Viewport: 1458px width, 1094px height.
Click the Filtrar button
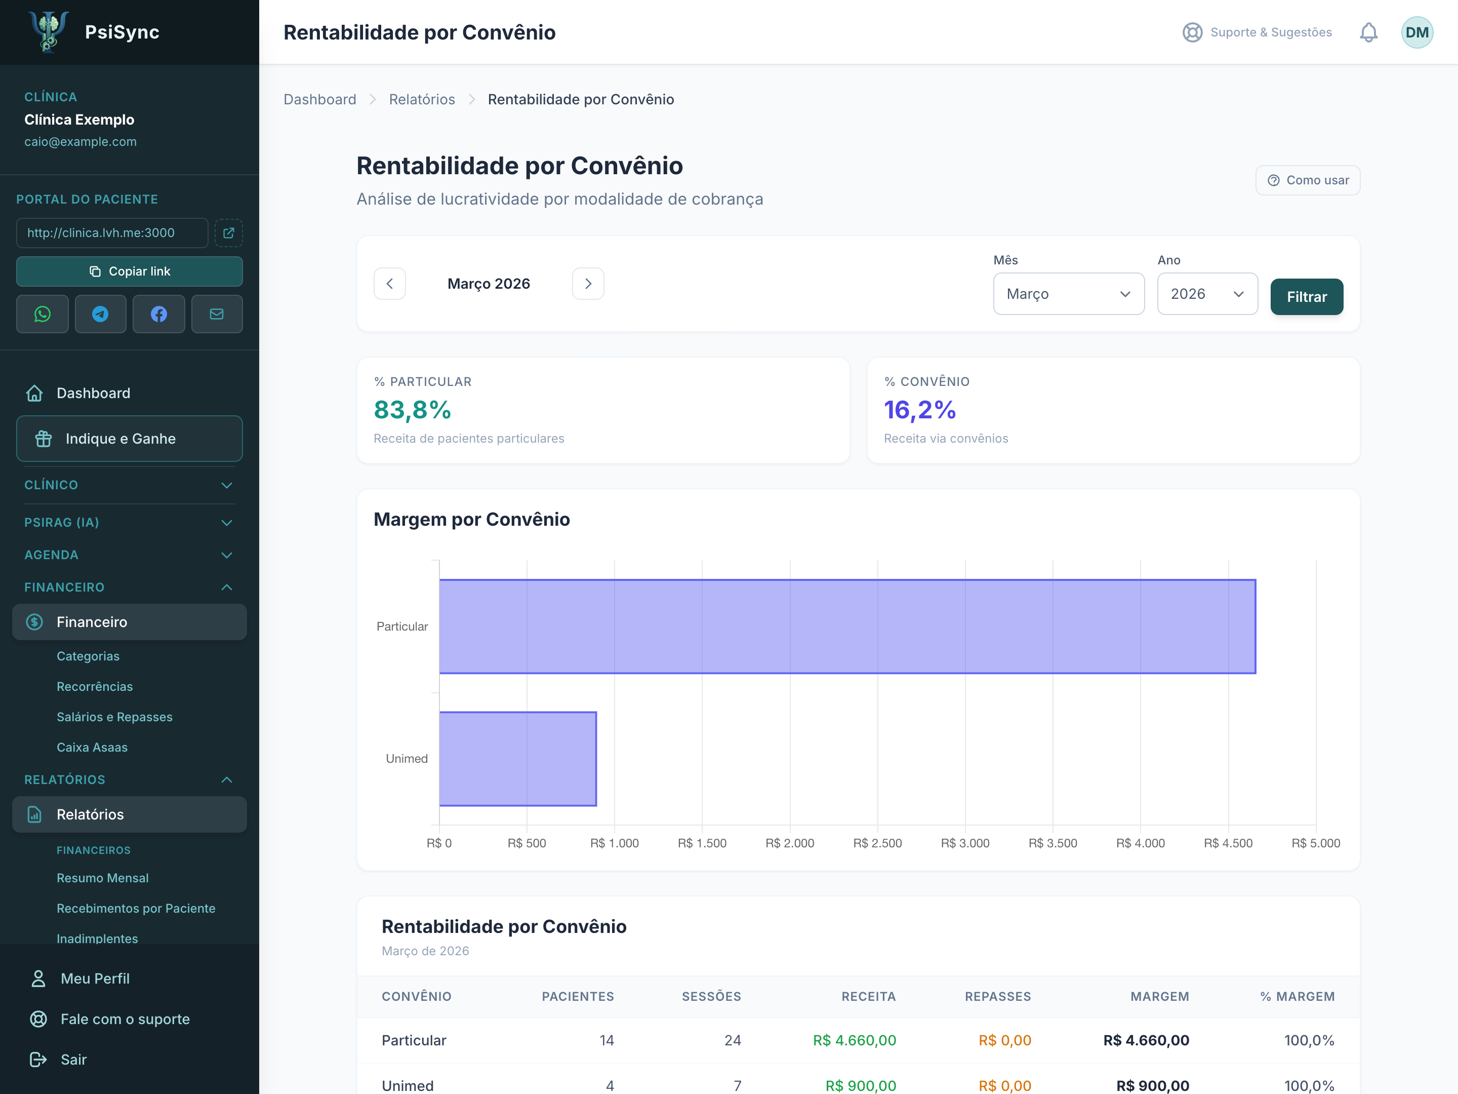tap(1307, 297)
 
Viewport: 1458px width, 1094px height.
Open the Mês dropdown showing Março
tap(1069, 294)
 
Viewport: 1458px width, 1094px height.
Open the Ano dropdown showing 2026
tap(1207, 294)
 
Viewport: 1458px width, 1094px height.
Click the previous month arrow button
tap(389, 284)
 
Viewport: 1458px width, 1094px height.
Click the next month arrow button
tap(588, 284)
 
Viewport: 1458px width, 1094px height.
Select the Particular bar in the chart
tap(847, 627)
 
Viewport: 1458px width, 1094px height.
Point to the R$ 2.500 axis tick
tap(877, 843)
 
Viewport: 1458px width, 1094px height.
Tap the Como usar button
tap(1308, 180)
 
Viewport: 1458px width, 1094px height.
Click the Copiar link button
tap(129, 271)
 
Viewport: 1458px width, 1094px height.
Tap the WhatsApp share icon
tap(42, 314)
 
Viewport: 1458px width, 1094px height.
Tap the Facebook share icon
tap(159, 314)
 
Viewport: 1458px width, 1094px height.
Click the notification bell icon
tap(1368, 32)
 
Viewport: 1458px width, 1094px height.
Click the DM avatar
tap(1417, 32)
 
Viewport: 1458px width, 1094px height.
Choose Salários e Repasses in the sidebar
tap(115, 717)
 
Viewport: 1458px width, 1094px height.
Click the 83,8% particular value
tap(413, 410)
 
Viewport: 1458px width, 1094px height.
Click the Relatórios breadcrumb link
tap(422, 100)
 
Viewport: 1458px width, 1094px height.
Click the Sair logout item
tap(74, 1059)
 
